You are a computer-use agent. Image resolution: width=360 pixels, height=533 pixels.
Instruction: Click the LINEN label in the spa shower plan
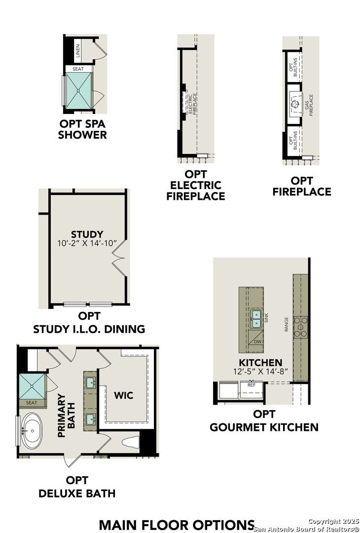pyautogui.click(x=78, y=51)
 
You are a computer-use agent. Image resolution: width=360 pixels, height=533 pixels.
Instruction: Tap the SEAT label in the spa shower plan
pyautogui.click(x=78, y=69)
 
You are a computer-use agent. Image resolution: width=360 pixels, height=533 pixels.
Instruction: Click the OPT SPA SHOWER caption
pyautogui.click(x=82, y=129)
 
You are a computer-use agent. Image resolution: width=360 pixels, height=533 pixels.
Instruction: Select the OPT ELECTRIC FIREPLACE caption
pyautogui.click(x=196, y=185)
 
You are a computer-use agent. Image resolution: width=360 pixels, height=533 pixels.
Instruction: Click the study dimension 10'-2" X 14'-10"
pyautogui.click(x=87, y=243)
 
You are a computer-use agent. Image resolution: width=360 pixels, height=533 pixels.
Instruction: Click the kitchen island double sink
pyautogui.click(x=256, y=318)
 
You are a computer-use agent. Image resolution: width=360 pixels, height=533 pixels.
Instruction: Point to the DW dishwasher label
pyautogui.click(x=258, y=342)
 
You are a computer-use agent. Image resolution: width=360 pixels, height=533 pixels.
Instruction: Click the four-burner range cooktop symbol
pyautogui.click(x=300, y=327)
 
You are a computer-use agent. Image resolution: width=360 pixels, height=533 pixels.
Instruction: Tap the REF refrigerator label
pyautogui.click(x=252, y=385)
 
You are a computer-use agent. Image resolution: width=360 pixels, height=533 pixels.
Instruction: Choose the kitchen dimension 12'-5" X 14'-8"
pyautogui.click(x=260, y=372)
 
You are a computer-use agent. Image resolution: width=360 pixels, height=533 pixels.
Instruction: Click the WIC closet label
pyautogui.click(x=124, y=395)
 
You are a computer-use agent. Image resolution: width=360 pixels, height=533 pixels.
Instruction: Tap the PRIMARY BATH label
pyautogui.click(x=66, y=416)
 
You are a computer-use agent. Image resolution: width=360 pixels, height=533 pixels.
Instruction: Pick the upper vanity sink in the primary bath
pyautogui.click(x=90, y=383)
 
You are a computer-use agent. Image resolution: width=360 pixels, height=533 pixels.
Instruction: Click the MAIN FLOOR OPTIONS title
pyautogui.click(x=177, y=525)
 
